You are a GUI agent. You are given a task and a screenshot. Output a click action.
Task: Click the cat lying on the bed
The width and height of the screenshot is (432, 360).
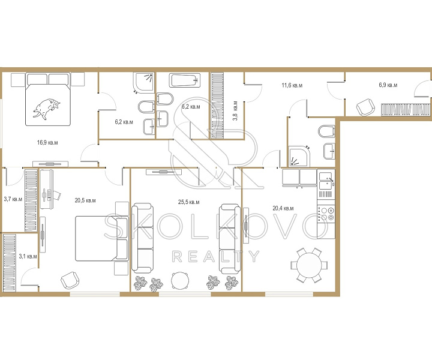coord(47,109)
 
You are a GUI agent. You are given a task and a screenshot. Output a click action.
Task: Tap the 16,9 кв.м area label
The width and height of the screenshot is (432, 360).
coord(47,143)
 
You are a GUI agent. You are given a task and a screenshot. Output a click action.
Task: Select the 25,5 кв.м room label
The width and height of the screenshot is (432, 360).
coord(189,202)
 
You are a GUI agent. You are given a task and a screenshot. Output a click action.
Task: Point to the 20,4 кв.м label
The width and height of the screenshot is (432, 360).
coord(283,208)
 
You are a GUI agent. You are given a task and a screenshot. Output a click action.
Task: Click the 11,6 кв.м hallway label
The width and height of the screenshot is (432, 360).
coord(292,85)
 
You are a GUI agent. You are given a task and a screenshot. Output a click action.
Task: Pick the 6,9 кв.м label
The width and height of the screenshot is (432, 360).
coord(388,85)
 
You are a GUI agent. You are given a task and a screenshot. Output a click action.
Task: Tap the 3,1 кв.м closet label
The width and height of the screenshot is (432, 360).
coord(28,256)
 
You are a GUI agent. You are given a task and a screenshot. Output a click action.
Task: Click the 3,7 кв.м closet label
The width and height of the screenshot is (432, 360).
coord(13,199)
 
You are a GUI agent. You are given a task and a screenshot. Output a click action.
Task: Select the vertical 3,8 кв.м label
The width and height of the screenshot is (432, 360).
coord(235,111)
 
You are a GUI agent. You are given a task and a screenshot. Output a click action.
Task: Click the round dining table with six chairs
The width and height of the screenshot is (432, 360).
coord(309,265)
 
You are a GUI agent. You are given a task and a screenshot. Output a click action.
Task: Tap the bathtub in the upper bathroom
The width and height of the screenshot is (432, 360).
coord(185,80)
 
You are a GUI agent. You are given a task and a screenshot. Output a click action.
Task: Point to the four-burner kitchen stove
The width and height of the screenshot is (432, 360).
coord(326,214)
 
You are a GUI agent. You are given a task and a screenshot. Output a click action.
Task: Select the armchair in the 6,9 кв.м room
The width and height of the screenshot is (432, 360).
coord(365,107)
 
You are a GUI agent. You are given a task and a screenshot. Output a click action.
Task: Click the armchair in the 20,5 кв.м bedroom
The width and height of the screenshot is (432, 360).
coord(70,280)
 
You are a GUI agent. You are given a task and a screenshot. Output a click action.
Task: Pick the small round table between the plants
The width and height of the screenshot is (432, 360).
coord(180,281)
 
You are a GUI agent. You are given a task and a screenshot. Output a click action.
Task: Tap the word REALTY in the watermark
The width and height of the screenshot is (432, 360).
coord(215,257)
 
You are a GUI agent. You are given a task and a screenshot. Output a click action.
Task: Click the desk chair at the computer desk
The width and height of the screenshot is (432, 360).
coord(56,195)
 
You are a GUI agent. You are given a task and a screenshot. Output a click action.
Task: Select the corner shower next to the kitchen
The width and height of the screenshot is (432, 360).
coord(299,157)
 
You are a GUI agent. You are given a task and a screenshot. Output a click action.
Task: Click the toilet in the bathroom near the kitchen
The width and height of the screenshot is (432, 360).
coord(326,131)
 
